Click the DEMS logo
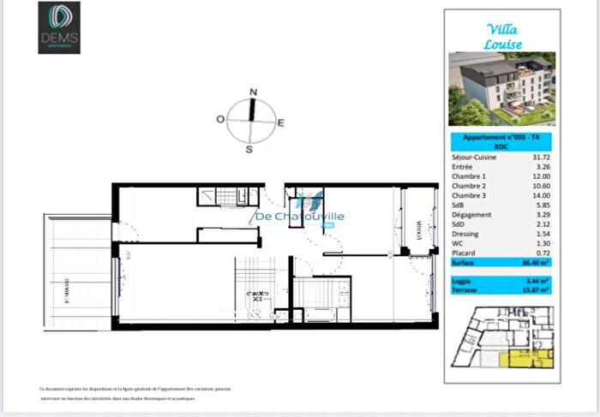[59, 27]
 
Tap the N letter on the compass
[253, 92]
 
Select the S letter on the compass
[249, 149]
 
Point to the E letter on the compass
[280, 123]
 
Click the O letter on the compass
[220, 120]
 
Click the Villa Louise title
[502, 37]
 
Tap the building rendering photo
[501, 89]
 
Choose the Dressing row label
[465, 234]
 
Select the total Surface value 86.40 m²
[537, 264]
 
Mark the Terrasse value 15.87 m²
[535, 290]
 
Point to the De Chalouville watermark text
[300, 217]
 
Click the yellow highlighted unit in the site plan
[525, 358]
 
